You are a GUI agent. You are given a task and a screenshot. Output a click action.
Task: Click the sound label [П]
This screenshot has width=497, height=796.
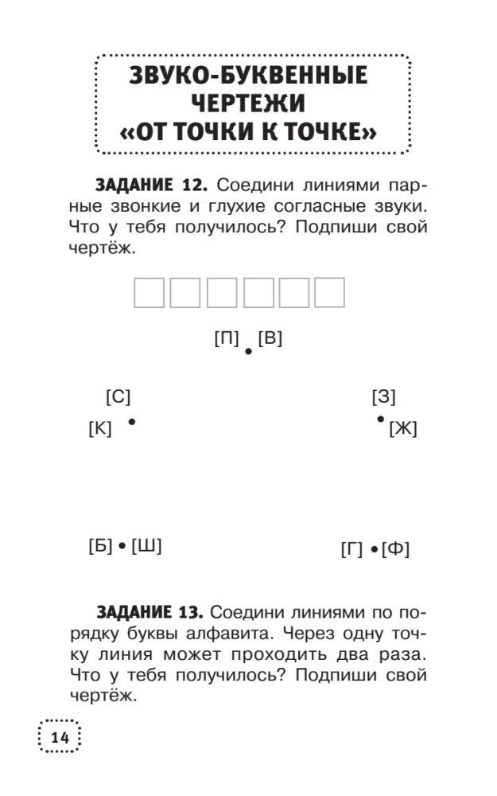coord(227,338)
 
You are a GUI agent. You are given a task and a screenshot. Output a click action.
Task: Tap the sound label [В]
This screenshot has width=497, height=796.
coord(270,338)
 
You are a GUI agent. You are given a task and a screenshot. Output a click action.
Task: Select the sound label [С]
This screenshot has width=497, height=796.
coord(118,396)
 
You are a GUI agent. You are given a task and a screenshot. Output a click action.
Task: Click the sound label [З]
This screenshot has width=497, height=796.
coord(383,396)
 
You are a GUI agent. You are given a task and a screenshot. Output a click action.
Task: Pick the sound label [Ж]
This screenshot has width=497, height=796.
coord(402,429)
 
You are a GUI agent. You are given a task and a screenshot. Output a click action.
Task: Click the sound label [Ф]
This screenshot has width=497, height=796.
coord(395,549)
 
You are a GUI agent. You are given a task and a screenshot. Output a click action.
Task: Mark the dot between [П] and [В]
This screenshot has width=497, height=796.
coord(249,350)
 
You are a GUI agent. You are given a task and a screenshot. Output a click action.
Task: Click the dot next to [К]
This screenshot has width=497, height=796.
coord(131,422)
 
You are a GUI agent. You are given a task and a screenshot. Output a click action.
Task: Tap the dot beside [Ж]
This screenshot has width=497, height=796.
coord(381,419)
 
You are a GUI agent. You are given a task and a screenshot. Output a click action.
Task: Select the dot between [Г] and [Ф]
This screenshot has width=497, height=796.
coord(373,549)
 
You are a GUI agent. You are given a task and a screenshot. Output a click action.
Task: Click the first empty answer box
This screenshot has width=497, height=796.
coord(149,293)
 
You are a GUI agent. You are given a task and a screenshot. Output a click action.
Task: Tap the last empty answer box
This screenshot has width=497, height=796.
coord(329,293)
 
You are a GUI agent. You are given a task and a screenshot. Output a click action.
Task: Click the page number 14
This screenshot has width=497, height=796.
coord(60,738)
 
